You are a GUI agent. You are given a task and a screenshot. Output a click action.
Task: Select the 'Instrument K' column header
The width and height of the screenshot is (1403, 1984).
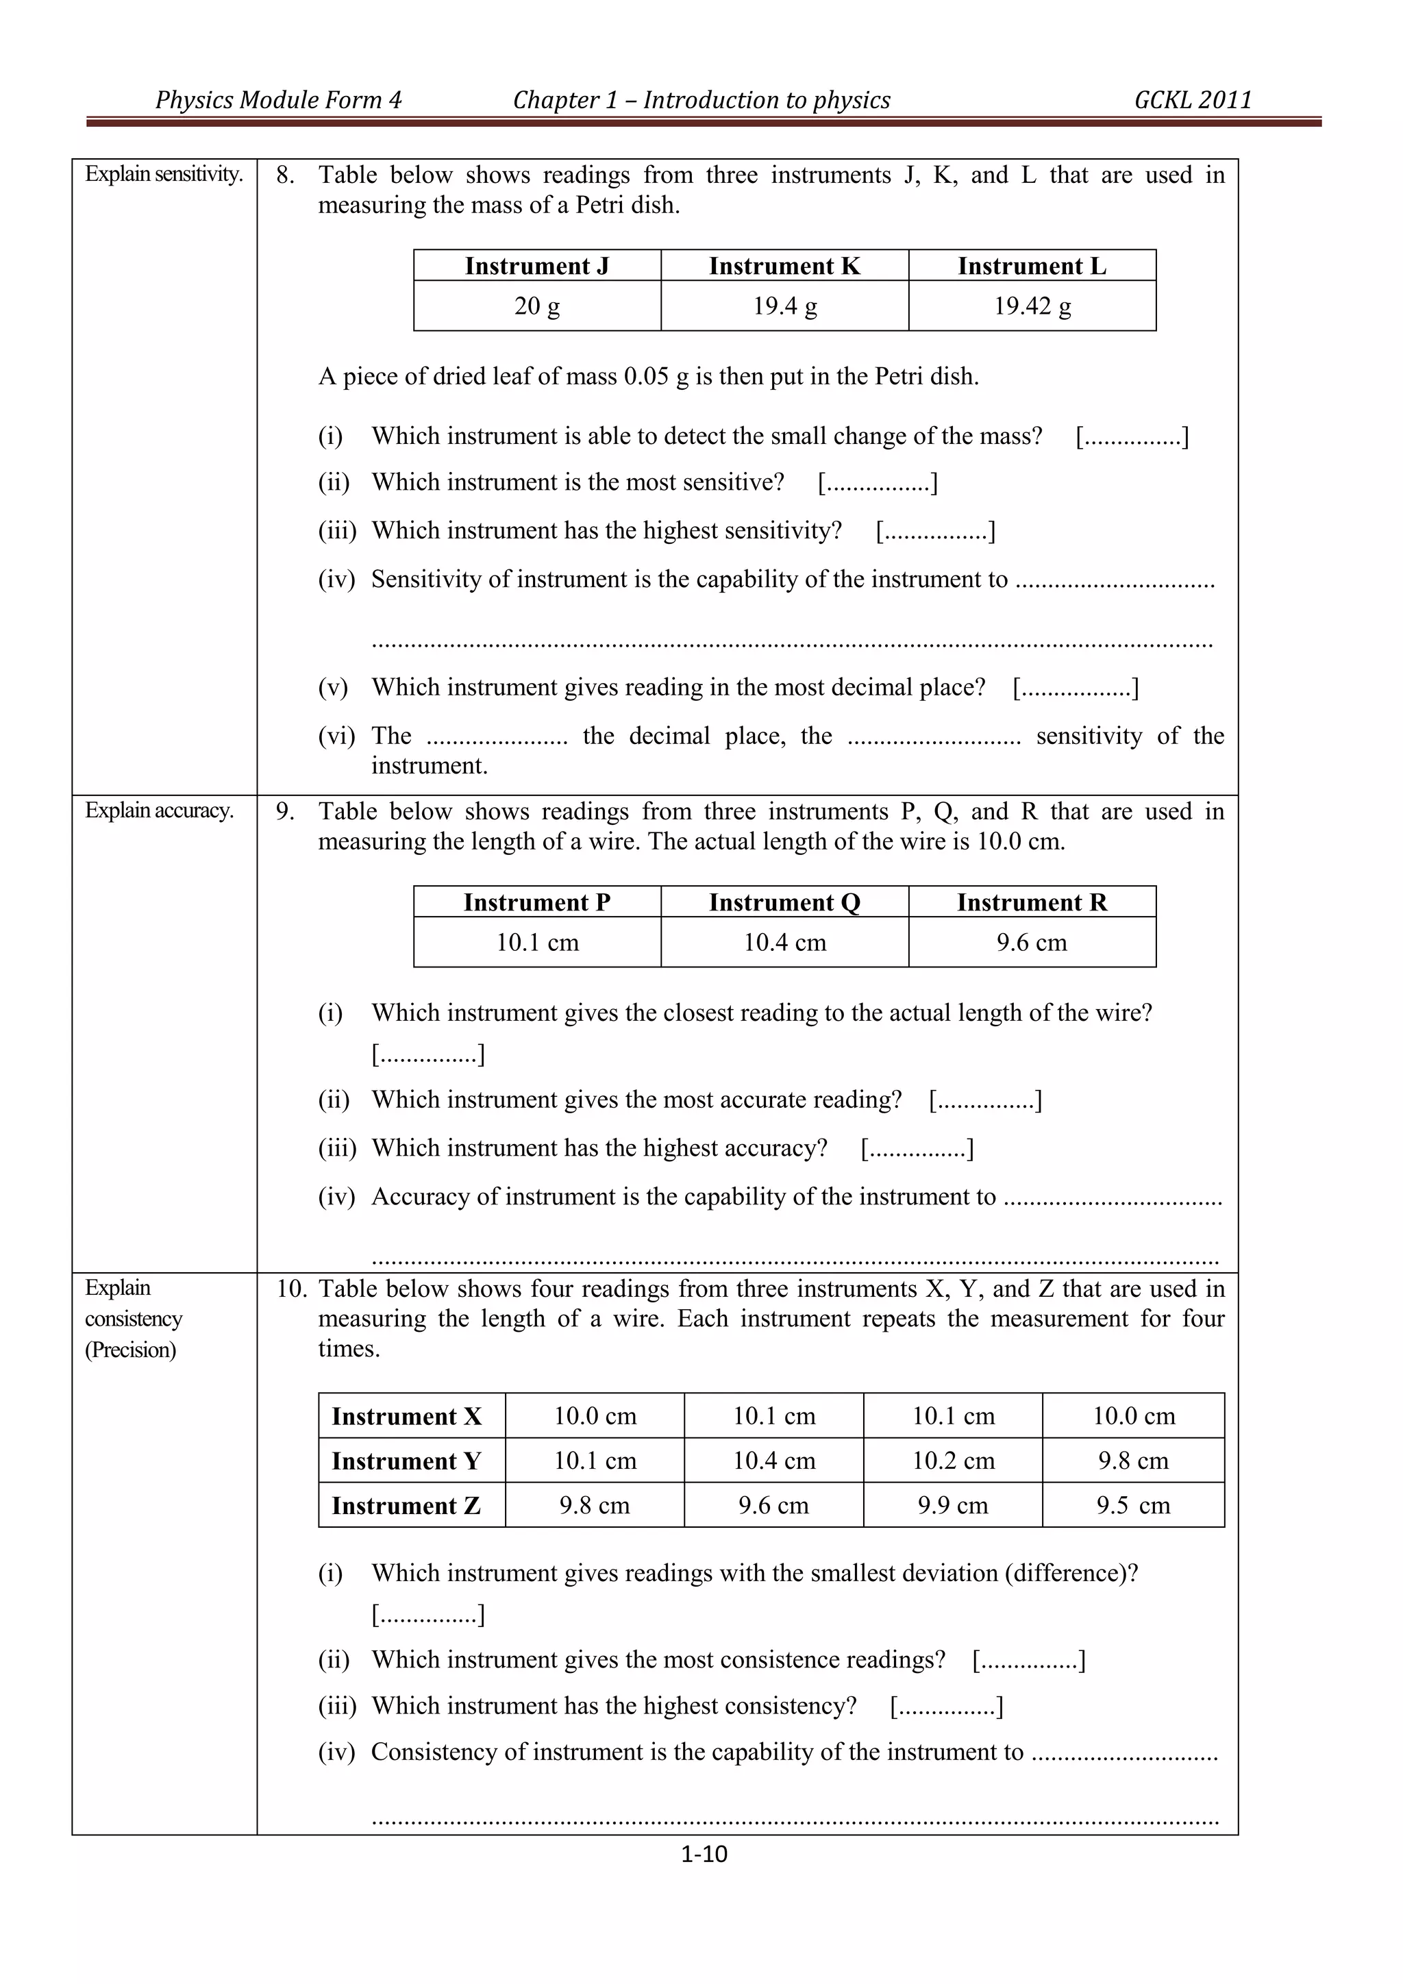pos(784,266)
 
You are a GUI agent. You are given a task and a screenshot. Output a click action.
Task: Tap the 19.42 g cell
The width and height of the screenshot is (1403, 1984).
pos(1032,306)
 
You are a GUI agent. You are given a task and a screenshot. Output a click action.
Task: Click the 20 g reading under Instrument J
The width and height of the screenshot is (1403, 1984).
pos(536,306)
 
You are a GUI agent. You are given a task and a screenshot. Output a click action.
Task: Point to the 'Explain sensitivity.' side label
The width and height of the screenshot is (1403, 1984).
pos(163,175)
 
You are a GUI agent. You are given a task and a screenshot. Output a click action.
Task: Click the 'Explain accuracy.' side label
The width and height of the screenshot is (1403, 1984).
pos(159,810)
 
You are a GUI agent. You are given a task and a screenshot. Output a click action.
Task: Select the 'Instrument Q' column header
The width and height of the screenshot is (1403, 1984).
pos(784,902)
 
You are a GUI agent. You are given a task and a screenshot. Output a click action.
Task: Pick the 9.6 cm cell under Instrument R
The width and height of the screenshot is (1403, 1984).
pos(1032,942)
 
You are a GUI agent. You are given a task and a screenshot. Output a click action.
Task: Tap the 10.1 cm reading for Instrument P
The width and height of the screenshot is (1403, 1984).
pos(536,942)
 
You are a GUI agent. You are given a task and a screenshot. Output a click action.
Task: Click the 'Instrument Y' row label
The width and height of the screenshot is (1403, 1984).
pos(406,1461)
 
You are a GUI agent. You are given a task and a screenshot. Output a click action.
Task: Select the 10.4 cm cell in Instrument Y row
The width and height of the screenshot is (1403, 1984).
pos(774,1461)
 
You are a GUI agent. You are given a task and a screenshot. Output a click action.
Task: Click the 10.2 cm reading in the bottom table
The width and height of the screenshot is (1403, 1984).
pos(953,1461)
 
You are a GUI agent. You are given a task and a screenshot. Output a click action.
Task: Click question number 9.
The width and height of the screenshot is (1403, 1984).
pos(285,811)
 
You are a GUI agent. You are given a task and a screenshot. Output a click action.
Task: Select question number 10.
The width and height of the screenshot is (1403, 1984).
pos(291,1289)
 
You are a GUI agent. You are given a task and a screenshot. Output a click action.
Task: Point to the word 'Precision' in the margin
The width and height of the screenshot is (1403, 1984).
pos(130,1350)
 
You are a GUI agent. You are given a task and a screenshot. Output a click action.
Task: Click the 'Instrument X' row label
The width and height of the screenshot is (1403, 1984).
pos(406,1416)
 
